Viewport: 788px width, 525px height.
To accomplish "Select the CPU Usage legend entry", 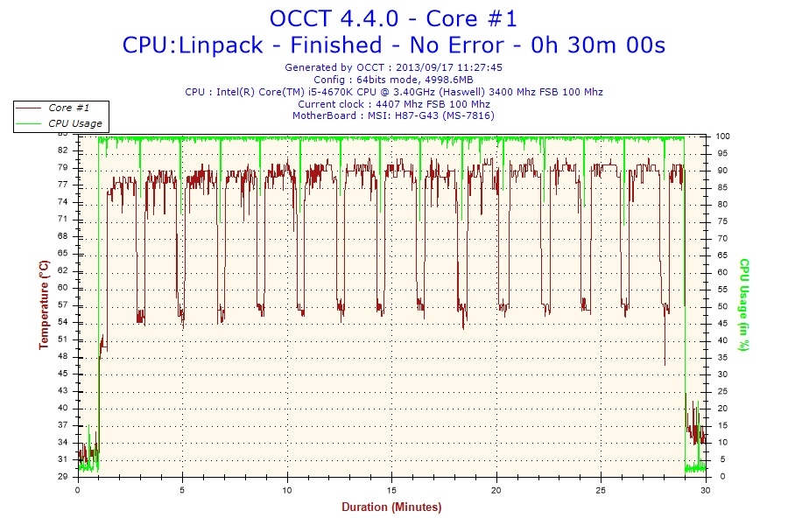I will [x=74, y=123].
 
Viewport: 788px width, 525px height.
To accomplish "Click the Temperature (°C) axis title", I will [x=43, y=304].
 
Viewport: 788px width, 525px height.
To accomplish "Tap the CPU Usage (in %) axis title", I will [x=744, y=304].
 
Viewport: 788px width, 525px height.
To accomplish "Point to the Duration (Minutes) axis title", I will [x=391, y=507].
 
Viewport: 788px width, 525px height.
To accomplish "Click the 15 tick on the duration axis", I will [x=392, y=490].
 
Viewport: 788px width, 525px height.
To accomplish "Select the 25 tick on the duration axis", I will [x=602, y=490].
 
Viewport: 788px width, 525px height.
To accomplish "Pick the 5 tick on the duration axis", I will [x=182, y=490].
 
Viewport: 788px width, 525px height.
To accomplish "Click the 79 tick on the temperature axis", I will [x=62, y=167].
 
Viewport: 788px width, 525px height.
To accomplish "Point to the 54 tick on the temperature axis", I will [x=62, y=322].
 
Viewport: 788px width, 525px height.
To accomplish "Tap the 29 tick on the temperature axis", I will [x=62, y=477].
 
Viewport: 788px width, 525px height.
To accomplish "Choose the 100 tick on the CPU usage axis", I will [x=723, y=136].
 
